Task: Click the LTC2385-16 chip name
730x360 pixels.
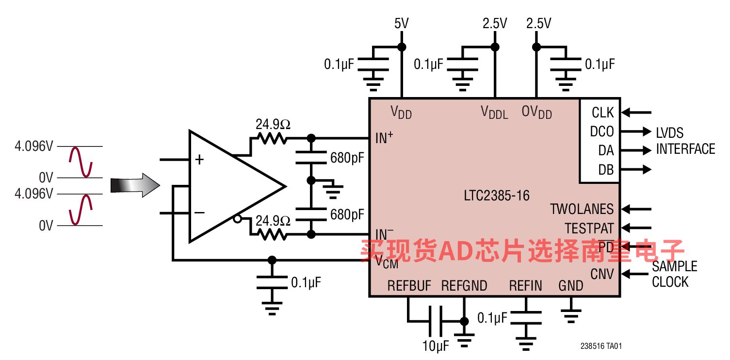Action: pos(497,196)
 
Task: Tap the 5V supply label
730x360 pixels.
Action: pos(402,23)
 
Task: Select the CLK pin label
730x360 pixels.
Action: pos(603,113)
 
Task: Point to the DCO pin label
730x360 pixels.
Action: pos(602,131)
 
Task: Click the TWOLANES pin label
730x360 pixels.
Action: pos(582,209)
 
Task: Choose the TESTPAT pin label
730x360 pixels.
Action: pos(589,228)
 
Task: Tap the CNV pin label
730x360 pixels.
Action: pos(602,274)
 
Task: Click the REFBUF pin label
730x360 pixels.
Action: pos(409,286)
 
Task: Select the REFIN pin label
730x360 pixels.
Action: pos(526,286)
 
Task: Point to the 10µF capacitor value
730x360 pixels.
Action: pos(436,346)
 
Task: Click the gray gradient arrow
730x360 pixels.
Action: pos(135,185)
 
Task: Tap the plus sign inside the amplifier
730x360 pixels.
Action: pos(199,160)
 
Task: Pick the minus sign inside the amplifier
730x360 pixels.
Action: pos(199,213)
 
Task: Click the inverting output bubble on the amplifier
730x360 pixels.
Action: pos(238,219)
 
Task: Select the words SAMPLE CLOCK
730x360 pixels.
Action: pos(675,274)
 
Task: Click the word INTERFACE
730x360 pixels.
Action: pos(686,149)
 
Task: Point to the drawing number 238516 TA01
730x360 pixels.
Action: pos(601,346)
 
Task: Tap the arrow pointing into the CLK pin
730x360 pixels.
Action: pos(636,113)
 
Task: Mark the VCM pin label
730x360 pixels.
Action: pos(387,262)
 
